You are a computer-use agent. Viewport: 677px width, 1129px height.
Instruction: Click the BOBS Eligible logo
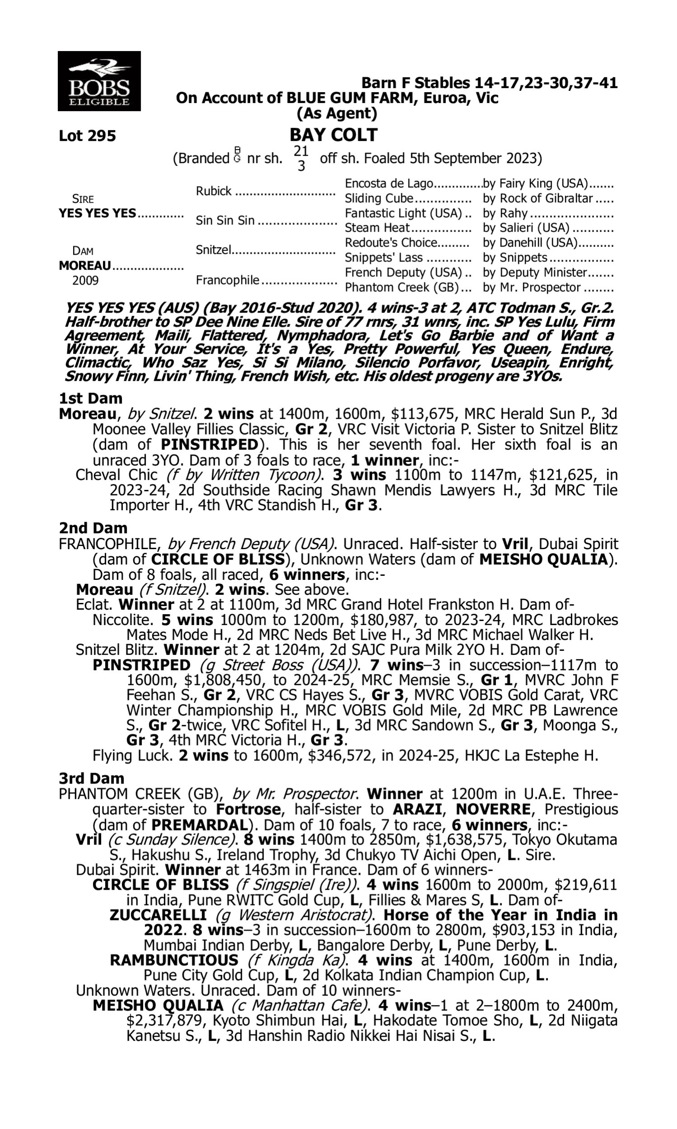(99, 81)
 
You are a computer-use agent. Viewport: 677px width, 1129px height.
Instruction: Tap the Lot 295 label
(87, 135)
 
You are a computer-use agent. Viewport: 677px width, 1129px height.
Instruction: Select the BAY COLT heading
(334, 135)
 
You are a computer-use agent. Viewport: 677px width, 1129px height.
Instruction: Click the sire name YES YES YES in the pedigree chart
(97, 214)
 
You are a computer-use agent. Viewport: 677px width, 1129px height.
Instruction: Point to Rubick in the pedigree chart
(213, 191)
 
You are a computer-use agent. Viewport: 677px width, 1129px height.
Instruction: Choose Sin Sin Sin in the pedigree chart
(225, 220)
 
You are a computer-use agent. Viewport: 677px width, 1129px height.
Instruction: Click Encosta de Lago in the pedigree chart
(388, 183)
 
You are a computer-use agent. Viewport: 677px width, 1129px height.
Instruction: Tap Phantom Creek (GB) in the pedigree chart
(401, 288)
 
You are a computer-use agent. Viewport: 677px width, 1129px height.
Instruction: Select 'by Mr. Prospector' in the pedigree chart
(532, 288)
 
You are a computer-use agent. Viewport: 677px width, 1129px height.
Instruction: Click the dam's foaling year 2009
(85, 280)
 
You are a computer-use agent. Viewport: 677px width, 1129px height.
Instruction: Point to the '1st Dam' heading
(90, 398)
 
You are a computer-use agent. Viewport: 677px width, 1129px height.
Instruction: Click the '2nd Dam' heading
(93, 528)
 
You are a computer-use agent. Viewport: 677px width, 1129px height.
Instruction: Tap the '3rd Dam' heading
(91, 779)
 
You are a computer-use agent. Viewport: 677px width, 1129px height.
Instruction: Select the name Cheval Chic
(116, 475)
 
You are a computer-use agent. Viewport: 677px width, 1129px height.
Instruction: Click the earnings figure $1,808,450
(225, 681)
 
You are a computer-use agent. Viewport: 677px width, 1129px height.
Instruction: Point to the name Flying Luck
(131, 756)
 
